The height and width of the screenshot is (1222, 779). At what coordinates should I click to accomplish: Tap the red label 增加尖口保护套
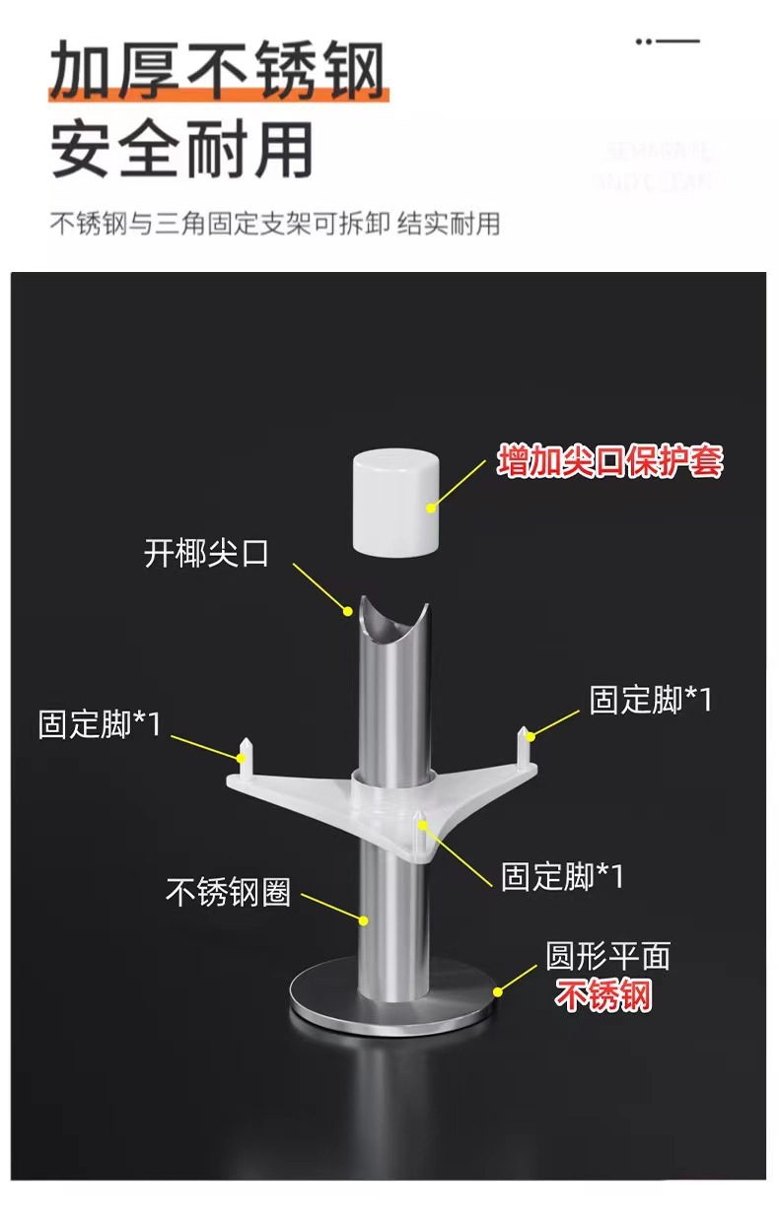click(609, 461)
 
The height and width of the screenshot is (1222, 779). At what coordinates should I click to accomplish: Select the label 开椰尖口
click(206, 553)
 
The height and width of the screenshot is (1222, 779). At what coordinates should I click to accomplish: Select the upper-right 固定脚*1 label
click(650, 700)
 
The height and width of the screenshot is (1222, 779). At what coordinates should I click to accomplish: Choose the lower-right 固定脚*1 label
click(562, 875)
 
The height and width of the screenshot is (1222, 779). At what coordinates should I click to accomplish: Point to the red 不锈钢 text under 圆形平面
click(603, 996)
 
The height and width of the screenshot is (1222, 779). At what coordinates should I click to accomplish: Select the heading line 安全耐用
click(181, 149)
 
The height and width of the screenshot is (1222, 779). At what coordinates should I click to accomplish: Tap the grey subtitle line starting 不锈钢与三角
click(275, 224)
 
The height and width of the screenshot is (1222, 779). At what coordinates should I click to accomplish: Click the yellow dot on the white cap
click(431, 509)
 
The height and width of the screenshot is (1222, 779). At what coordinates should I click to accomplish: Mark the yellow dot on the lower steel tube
click(363, 920)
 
